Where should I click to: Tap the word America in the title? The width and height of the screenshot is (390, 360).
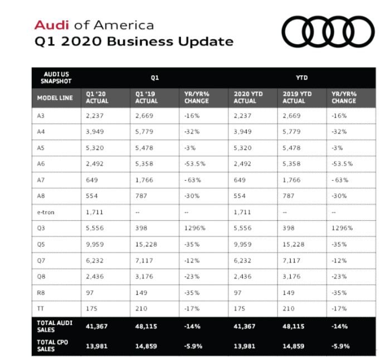click(124, 26)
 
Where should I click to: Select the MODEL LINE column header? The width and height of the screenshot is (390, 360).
click(55, 98)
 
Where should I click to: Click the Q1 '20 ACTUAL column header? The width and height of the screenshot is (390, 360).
click(97, 98)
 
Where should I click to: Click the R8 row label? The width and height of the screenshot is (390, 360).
click(42, 293)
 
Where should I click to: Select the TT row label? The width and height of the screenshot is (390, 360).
click(41, 308)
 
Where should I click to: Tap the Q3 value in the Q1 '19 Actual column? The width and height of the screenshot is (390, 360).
click(142, 228)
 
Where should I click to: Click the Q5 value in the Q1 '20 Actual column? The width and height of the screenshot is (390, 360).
click(95, 244)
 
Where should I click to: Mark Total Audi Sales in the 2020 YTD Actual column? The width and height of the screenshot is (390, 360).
click(245, 327)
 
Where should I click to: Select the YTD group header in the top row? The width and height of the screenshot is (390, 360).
click(301, 78)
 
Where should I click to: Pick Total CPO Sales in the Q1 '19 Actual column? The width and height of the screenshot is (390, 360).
click(147, 346)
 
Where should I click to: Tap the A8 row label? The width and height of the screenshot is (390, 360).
click(42, 196)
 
